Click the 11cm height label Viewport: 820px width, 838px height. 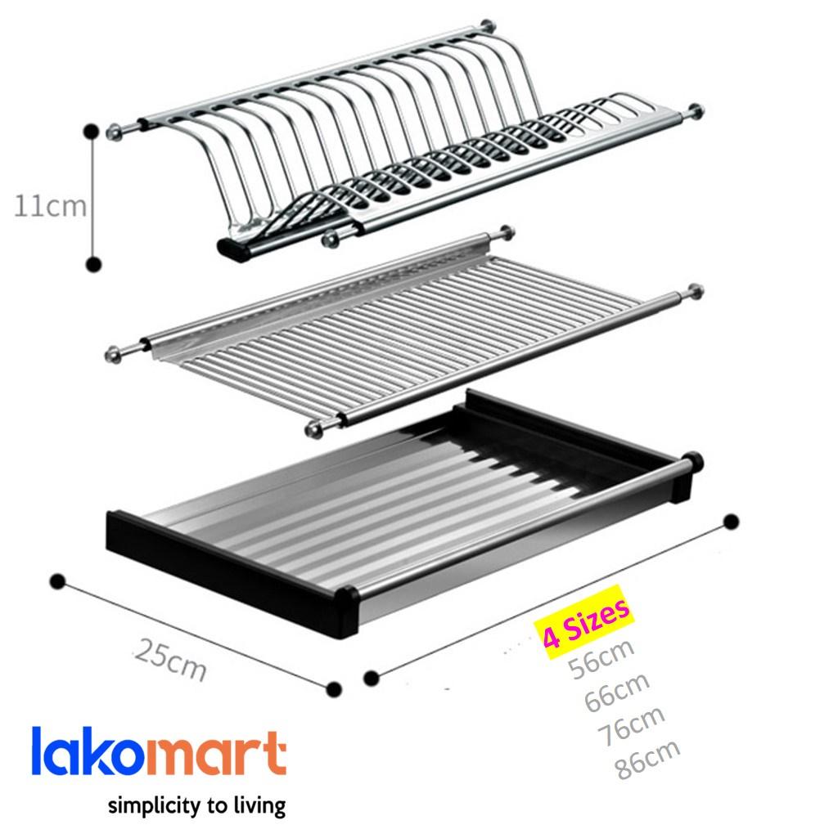pyautogui.click(x=50, y=206)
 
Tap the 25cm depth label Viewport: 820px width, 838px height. pyautogui.click(x=170, y=660)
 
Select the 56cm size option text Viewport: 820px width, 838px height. pyautogui.click(x=601, y=658)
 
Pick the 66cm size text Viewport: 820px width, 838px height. pyautogui.click(x=616, y=692)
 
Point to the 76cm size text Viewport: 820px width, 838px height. pyautogui.click(x=631, y=725)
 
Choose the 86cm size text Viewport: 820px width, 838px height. pyautogui.click(x=647, y=759)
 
